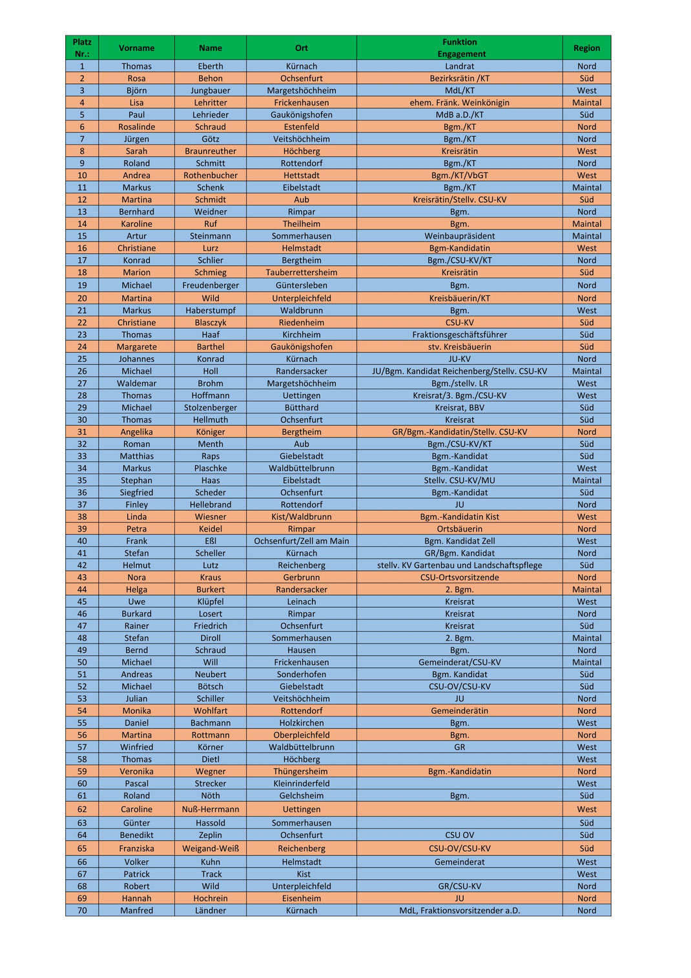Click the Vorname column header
(136, 48)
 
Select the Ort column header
(301, 48)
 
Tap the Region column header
(586, 48)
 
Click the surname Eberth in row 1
(211, 66)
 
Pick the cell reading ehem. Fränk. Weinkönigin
(459, 102)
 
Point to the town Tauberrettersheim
(301, 272)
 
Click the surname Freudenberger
(211, 285)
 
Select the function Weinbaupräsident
(459, 236)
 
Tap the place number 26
(82, 371)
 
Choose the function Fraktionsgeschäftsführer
(459, 335)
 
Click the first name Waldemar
(136, 383)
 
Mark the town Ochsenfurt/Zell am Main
(301, 541)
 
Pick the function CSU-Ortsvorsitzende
(459, 577)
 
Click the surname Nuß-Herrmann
(211, 809)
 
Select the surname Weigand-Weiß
(211, 848)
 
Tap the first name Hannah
(136, 898)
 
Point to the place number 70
(82, 910)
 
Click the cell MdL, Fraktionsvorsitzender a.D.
(459, 910)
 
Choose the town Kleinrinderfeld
(301, 783)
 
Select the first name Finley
(136, 505)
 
